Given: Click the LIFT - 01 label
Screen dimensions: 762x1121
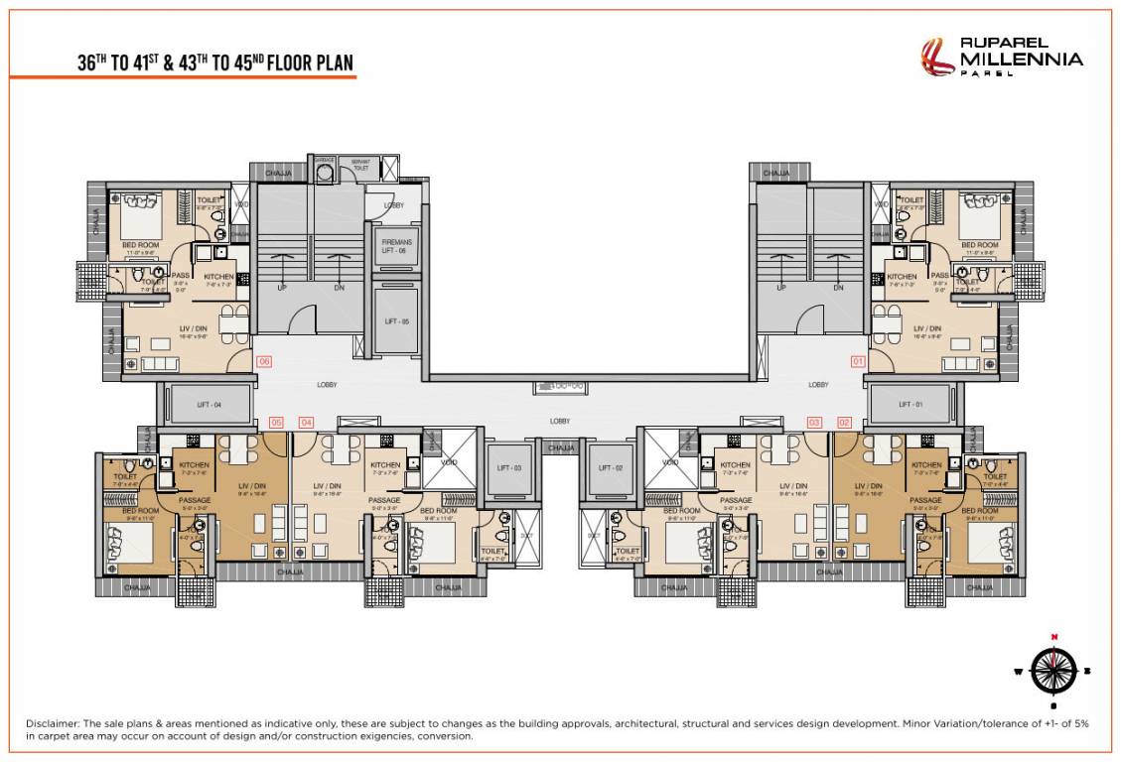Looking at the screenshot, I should coord(911,405).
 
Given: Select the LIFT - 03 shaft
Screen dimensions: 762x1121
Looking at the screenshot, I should coord(509,468).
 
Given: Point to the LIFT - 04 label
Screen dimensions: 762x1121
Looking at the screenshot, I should coord(210,405).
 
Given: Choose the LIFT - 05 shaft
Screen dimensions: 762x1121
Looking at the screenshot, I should coord(396,321).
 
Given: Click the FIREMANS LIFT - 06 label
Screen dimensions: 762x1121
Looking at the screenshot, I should coord(396,246).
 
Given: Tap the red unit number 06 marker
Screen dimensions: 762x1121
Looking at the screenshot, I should coord(264,362).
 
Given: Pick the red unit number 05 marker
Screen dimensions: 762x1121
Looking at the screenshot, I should coord(277,423).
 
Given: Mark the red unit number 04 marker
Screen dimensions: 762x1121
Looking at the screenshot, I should coord(306,423).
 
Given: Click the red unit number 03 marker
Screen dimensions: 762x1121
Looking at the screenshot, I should coord(814,423).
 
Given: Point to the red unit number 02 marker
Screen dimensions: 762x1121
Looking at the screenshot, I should coord(844,423).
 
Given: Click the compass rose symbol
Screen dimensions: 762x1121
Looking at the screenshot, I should coord(1054,670).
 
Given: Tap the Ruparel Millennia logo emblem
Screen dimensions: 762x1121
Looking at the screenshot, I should coord(936,58).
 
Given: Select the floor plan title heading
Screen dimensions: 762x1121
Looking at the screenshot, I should coord(215,63).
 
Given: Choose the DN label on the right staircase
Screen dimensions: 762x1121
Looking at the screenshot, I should coord(838,288).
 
